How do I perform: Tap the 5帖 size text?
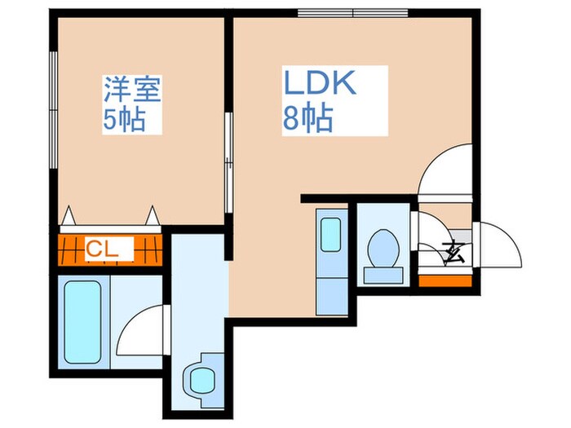pos(124,121)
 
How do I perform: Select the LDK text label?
pos(320,84)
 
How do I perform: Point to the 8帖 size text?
pos(308,120)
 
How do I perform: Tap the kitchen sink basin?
pos(330,234)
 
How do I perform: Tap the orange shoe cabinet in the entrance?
pos(445,280)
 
